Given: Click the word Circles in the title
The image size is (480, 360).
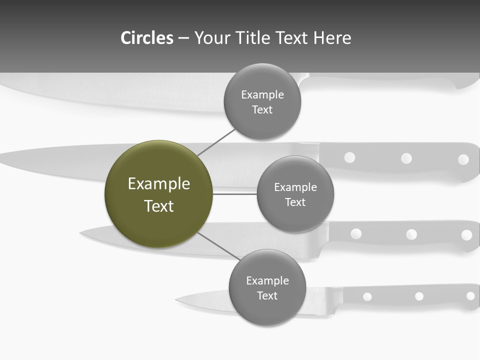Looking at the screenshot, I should point(147,38).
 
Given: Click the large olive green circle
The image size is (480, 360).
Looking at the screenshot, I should point(158,194).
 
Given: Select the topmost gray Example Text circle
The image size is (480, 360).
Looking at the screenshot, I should point(262,102).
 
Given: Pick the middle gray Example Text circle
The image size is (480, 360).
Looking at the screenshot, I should point(295,194).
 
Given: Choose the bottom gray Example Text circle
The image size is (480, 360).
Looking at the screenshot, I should point(267,287).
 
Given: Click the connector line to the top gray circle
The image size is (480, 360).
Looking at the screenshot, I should point(216,142).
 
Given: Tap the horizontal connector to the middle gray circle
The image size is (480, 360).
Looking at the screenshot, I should point(234,194).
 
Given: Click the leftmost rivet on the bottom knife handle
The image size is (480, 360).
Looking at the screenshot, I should point(367,297).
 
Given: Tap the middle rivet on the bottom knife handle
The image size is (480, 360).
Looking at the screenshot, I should point(419,296).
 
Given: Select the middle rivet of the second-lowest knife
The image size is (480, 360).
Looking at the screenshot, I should point(411,234).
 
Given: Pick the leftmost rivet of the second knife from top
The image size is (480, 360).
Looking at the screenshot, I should point(349,157).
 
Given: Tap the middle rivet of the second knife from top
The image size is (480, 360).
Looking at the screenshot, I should point(406,158).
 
